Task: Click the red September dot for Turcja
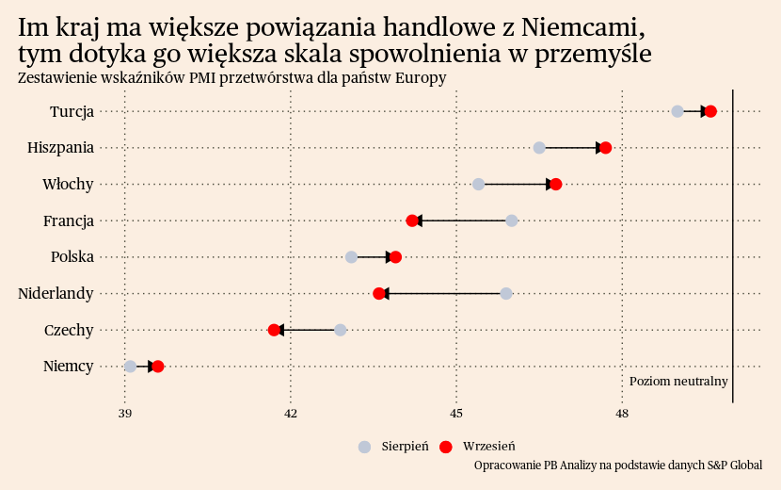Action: click(710, 111)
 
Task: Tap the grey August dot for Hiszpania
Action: click(539, 148)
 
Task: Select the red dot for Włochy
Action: click(556, 184)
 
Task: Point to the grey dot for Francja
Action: click(512, 220)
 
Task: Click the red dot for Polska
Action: click(395, 257)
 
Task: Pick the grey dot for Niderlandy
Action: click(506, 293)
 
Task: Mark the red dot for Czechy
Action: click(274, 330)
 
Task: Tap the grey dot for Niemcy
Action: click(130, 367)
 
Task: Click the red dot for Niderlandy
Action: click(379, 293)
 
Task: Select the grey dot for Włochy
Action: click(478, 184)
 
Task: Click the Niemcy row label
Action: click(69, 367)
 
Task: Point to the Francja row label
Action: click(69, 220)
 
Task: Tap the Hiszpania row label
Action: click(61, 148)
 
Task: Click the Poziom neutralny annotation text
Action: click(678, 382)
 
